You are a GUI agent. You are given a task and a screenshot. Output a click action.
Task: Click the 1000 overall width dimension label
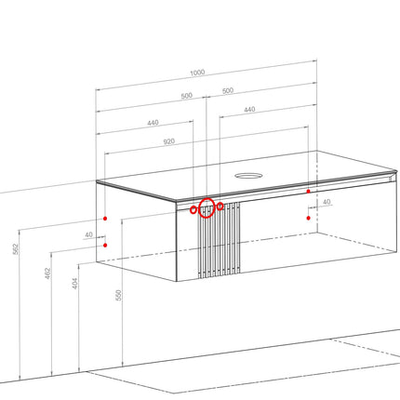pyautogui.click(x=197, y=73)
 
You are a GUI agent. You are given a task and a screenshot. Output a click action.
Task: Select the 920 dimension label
pyautogui.click(x=169, y=141)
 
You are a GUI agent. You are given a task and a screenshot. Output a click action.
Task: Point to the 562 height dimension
pyautogui.click(x=16, y=249)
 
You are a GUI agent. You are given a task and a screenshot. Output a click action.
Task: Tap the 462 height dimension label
pyautogui.click(x=47, y=273)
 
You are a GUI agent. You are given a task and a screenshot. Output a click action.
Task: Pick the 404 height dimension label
pyautogui.click(x=75, y=284)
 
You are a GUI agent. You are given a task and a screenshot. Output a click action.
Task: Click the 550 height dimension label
pyautogui.click(x=118, y=295)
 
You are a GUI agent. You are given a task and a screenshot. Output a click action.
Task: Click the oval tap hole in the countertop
pyautogui.click(x=248, y=176)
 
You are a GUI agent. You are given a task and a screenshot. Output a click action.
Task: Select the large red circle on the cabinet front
pyautogui.click(x=207, y=208)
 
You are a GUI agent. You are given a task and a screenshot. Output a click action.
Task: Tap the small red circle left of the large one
pyautogui.click(x=193, y=210)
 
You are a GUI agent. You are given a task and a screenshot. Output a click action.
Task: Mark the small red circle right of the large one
pyautogui.click(x=220, y=207)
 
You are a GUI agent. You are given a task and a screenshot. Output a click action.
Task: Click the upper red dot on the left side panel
pyautogui.click(x=105, y=219)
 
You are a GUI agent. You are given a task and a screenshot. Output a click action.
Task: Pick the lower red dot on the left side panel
pyautogui.click(x=105, y=246)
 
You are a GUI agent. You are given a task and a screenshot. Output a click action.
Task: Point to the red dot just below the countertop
pyautogui.click(x=308, y=192)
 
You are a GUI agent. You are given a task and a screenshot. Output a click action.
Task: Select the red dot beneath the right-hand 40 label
pyautogui.click(x=308, y=218)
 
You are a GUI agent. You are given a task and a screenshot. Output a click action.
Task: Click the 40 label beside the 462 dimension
pyautogui.click(x=88, y=234)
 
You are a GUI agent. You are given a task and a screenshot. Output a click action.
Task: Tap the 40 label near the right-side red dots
pyautogui.click(x=327, y=202)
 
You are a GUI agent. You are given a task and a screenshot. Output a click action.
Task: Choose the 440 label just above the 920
pyautogui.click(x=153, y=123)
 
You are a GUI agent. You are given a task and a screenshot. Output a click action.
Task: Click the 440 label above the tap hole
pyautogui.click(x=249, y=110)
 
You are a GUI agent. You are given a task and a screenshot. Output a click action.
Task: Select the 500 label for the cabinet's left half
pyautogui.click(x=187, y=96)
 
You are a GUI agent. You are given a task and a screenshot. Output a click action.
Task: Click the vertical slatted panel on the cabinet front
pyautogui.click(x=219, y=239)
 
